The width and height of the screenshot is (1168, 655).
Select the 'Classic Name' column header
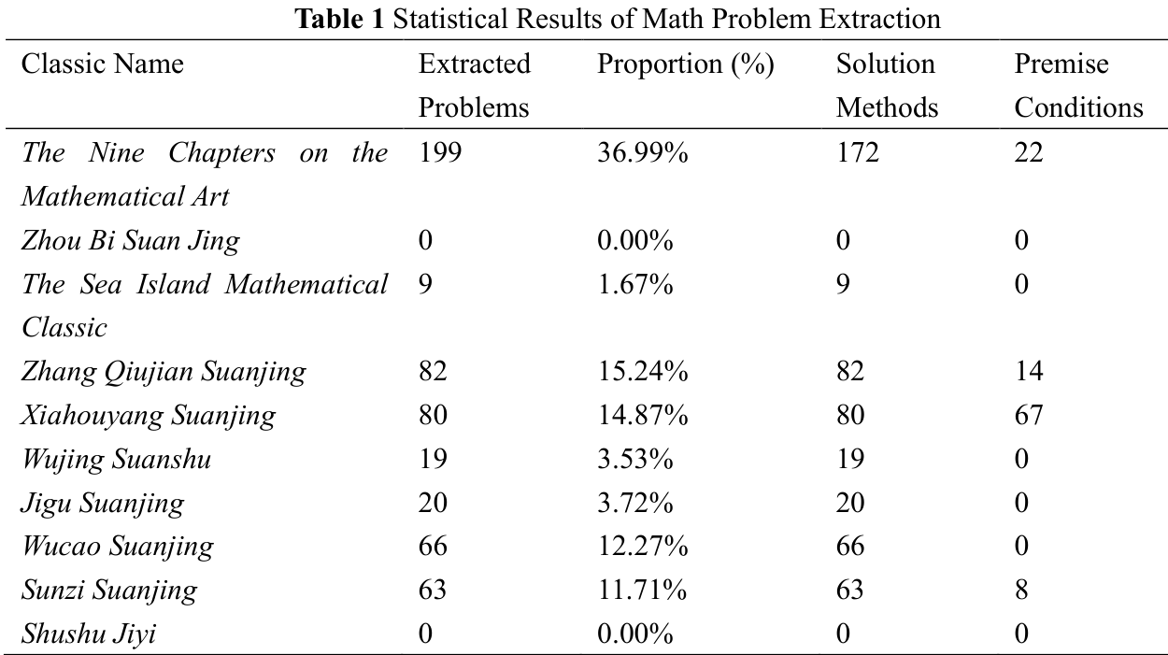coord(103,64)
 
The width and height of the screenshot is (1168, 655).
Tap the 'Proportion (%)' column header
coord(685,64)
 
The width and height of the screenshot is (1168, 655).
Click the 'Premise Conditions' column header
coord(1078,86)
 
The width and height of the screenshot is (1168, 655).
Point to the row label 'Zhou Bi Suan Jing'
coord(131,240)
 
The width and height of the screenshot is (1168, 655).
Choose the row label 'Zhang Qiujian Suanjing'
coord(164,372)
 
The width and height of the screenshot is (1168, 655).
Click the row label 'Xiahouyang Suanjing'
coord(149,415)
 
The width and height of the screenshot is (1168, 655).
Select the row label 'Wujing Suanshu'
coord(116,459)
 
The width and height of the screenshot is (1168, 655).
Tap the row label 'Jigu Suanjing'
coord(103,503)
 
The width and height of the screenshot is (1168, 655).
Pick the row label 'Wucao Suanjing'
coord(118,546)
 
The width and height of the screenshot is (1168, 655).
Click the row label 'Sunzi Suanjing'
coord(109,590)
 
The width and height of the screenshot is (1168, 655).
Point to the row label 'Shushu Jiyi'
coord(89,634)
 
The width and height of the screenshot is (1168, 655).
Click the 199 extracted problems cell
coord(440,152)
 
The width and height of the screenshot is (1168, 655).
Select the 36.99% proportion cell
coord(642,152)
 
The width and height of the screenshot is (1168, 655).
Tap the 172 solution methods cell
coord(858,152)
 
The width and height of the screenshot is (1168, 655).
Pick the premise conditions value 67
coord(1029,415)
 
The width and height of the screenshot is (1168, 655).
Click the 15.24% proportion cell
coord(642,372)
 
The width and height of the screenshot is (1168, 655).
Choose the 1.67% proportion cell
coord(634,284)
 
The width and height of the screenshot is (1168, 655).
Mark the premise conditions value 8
coord(1022,590)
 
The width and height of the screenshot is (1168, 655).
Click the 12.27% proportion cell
coord(642,546)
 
